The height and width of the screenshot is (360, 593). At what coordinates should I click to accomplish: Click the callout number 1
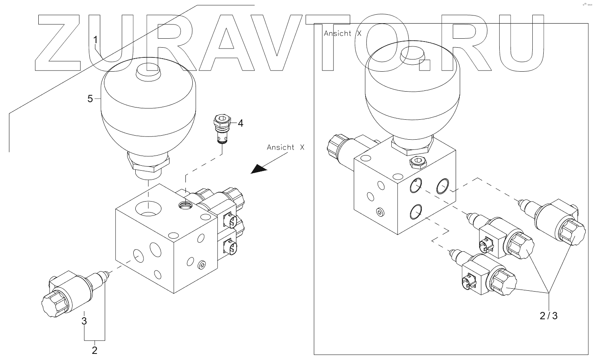point(95,40)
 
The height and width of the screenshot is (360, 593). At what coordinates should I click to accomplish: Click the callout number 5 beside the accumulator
point(90,99)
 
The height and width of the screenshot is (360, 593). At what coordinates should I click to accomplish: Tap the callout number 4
point(240,123)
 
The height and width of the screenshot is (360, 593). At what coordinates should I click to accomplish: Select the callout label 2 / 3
point(549,315)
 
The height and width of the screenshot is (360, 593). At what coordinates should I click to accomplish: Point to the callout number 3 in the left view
point(84,320)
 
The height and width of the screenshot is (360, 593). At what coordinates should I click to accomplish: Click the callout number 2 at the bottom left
point(95,350)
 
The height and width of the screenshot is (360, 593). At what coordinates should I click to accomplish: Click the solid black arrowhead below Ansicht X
point(258,168)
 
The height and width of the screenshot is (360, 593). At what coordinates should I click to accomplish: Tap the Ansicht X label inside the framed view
point(342,34)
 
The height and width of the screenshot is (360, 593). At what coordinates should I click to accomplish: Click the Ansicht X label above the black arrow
point(285,147)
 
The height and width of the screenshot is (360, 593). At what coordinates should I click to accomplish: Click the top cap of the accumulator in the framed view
point(412,56)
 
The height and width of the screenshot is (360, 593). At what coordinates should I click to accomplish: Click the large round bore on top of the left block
point(148,208)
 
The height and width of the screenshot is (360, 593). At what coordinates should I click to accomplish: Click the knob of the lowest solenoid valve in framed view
point(503,282)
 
